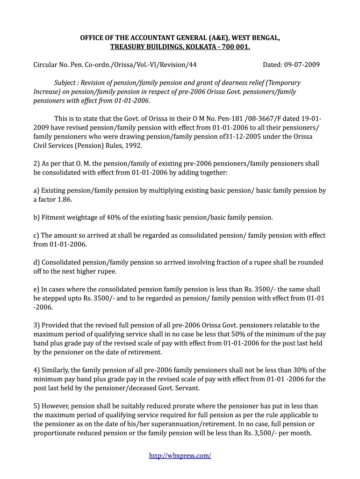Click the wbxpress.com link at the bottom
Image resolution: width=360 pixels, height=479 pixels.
[180, 455]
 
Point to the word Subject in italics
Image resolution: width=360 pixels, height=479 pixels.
[67, 82]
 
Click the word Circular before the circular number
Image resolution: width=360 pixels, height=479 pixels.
[47, 65]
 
